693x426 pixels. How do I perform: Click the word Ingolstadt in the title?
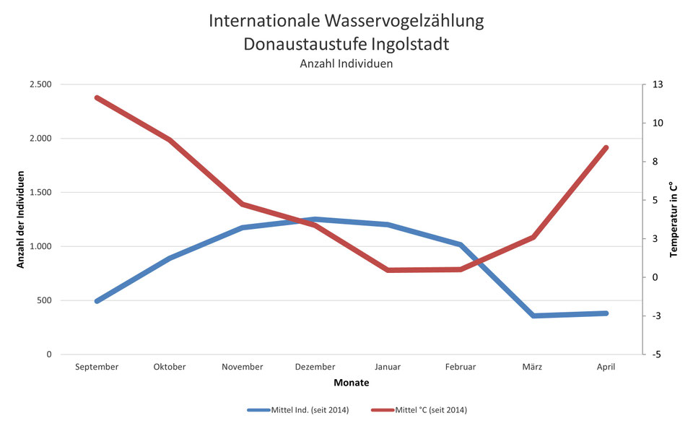[406, 44]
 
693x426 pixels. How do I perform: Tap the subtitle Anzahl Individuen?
[346, 64]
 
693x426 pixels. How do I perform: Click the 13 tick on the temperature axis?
[658, 84]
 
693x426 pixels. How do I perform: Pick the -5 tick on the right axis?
[658, 355]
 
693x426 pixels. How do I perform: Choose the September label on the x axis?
[97, 367]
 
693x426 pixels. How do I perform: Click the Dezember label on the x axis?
[315, 367]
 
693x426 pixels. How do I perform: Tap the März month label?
[533, 367]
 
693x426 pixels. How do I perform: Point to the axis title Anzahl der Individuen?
[21, 219]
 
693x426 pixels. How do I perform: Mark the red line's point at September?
[97, 97]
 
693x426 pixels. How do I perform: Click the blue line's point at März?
[533, 316]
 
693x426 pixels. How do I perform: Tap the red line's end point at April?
[606, 147]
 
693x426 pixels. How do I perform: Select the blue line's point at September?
[97, 301]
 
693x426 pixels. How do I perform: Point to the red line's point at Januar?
[388, 270]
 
